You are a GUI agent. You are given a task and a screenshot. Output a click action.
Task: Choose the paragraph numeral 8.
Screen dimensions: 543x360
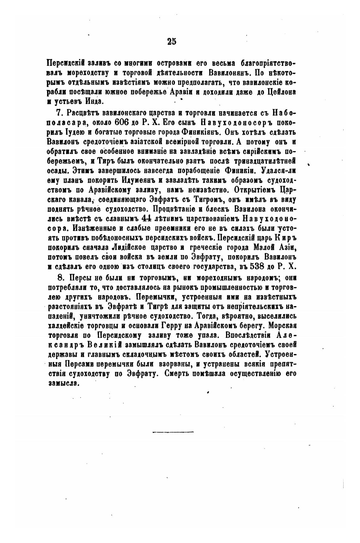pos(58,278)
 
